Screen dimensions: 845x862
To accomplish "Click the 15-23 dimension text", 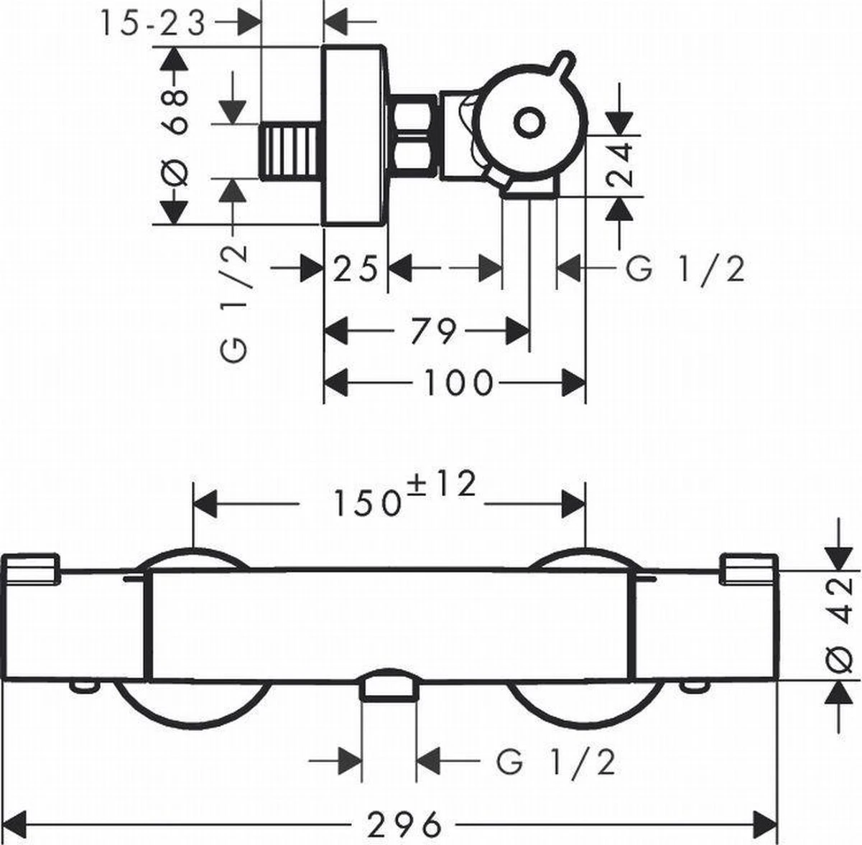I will [x=152, y=24].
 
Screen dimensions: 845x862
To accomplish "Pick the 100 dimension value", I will [x=458, y=383].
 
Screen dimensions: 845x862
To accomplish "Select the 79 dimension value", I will [x=434, y=332].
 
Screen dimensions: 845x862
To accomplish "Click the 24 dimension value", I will [x=619, y=166].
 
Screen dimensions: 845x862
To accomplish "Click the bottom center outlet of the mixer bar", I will [x=389, y=691].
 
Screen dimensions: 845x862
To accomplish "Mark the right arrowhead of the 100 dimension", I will [x=575, y=383].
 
